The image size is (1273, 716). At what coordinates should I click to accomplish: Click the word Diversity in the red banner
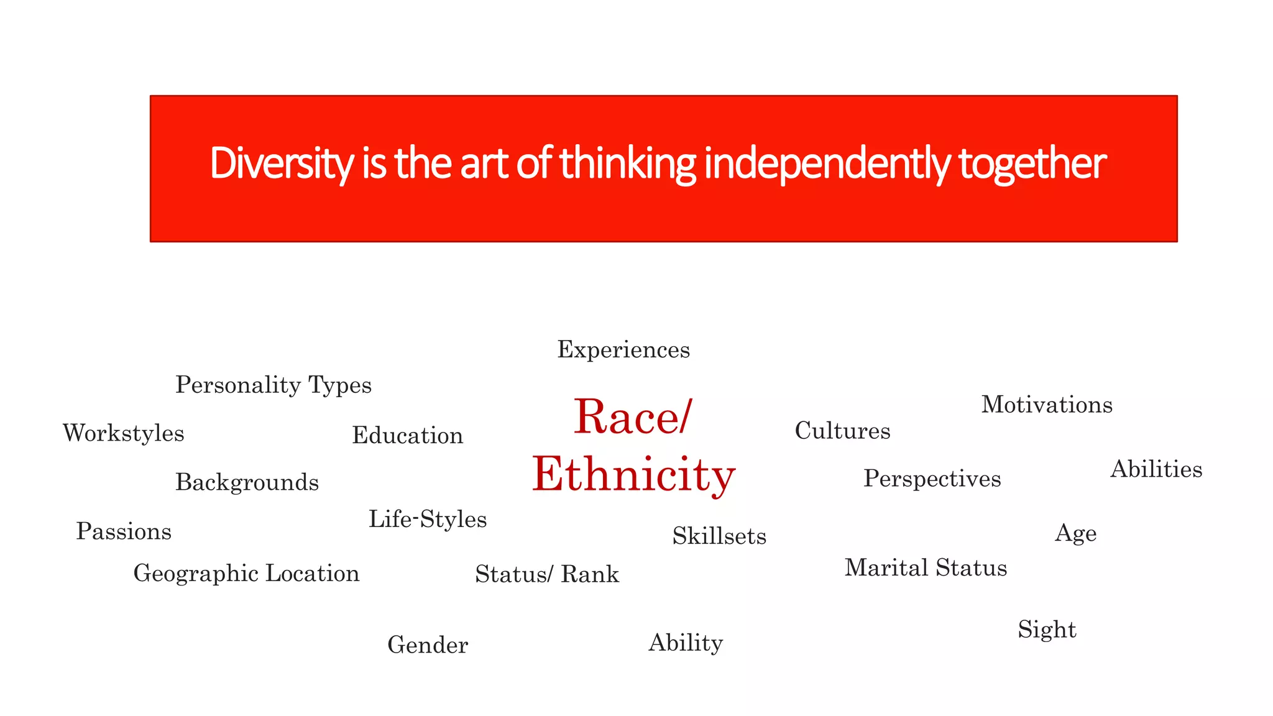(x=282, y=163)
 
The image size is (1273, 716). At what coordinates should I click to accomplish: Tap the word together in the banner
(x=1032, y=163)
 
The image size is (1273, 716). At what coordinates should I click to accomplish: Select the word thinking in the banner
(x=628, y=163)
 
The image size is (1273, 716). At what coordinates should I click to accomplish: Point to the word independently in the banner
(x=827, y=163)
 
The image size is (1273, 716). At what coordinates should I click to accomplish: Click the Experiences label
(x=623, y=350)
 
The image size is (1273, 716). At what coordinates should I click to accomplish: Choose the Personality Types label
(x=273, y=385)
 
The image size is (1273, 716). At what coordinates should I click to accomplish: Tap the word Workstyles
(x=124, y=433)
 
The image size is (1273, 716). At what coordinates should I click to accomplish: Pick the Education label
(x=408, y=436)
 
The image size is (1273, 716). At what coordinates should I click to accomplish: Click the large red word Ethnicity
(x=634, y=475)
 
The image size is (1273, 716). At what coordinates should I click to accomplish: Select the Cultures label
(x=842, y=431)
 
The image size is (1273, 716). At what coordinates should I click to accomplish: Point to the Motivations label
(x=1047, y=405)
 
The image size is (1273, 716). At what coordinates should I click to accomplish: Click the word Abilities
(x=1156, y=469)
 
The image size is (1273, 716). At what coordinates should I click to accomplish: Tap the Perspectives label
(x=932, y=479)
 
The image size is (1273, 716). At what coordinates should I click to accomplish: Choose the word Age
(x=1075, y=533)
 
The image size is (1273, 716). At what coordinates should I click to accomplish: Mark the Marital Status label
(x=926, y=568)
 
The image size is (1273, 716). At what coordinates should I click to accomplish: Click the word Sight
(x=1047, y=630)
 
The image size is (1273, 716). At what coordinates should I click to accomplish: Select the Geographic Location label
(x=247, y=574)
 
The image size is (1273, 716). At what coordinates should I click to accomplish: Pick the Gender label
(x=428, y=645)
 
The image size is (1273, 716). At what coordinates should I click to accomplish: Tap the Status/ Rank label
(x=547, y=574)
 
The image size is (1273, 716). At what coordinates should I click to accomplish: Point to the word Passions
(x=124, y=531)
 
